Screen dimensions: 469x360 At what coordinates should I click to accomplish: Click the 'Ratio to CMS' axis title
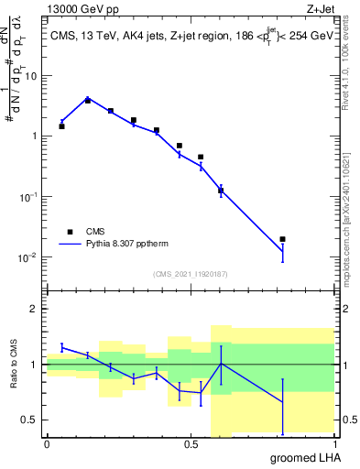[16, 365]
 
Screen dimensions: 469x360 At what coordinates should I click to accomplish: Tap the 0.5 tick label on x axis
[191, 444]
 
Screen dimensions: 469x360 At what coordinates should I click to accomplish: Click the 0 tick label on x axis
[47, 444]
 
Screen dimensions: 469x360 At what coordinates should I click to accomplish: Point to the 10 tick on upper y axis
[31, 76]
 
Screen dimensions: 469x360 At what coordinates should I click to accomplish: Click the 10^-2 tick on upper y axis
[28, 257]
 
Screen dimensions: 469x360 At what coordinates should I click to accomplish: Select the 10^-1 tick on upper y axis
[28, 197]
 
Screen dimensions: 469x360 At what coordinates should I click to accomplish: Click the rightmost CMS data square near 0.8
[283, 239]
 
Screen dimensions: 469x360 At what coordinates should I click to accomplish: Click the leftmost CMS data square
[61, 126]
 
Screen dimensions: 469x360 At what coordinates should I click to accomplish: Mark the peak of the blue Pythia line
[87, 97]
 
